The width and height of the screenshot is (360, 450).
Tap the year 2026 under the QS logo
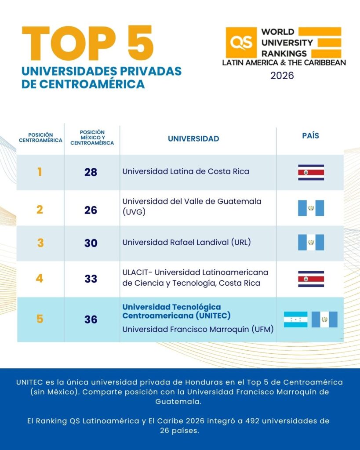point(282,76)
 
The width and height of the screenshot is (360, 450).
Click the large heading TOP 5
point(88,44)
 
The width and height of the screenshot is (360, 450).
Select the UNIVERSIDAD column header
point(193,139)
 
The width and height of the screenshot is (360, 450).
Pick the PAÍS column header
point(310,136)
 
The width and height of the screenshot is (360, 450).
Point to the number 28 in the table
point(91,172)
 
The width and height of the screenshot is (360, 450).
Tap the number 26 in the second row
point(91,210)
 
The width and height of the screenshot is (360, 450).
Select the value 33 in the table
point(91,279)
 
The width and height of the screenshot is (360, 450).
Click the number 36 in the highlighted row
point(91,319)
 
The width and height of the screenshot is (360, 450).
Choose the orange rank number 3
point(40,243)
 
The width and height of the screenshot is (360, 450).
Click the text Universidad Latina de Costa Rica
point(185,171)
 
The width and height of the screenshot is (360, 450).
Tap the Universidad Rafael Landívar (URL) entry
point(186,242)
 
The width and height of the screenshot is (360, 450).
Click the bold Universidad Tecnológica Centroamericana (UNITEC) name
point(177,311)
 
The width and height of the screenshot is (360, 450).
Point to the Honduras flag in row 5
point(295,319)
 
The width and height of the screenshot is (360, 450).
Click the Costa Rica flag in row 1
point(311,173)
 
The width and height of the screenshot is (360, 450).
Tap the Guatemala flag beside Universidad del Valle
point(311,208)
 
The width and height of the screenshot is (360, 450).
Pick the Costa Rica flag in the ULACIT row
point(311,279)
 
